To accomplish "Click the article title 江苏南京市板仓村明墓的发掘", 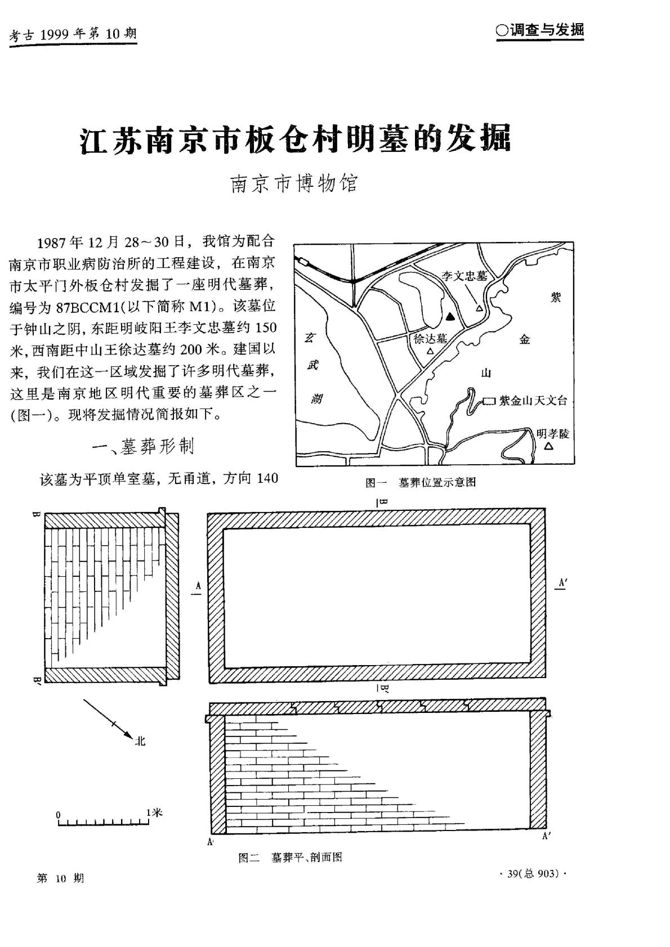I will point(295,139).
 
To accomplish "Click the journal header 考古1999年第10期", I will point(73,35).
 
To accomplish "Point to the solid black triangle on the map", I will point(449,317).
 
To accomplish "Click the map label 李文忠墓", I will point(464,276).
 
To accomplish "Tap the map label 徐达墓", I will point(430,339).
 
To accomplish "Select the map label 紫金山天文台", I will point(533,401).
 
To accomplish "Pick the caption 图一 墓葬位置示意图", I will point(421,482).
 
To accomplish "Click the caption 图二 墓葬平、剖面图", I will point(290,858).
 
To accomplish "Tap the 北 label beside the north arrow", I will point(140,741).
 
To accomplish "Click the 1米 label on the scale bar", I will point(154,813).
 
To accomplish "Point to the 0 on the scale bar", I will point(58,815).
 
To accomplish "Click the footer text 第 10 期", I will point(60,878).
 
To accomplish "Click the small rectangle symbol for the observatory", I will point(489,401).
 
